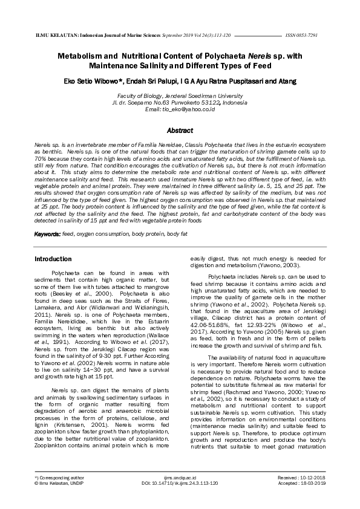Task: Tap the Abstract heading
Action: (180, 131)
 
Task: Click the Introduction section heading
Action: (53, 259)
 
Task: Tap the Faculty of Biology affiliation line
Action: (180, 96)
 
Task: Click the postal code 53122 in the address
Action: (211, 103)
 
